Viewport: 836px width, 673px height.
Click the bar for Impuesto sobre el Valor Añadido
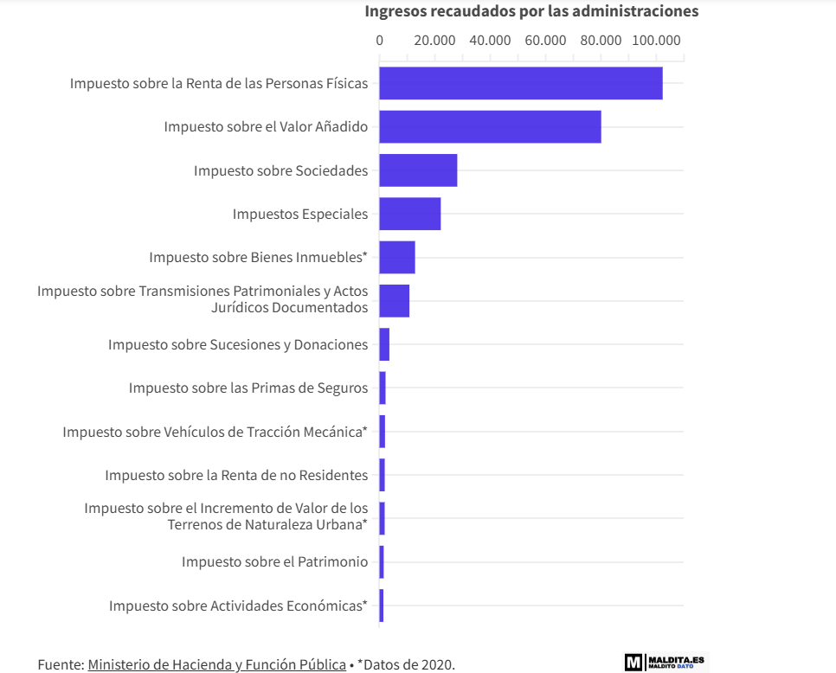[x=490, y=127]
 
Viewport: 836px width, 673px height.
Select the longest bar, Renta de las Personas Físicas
[x=520, y=83]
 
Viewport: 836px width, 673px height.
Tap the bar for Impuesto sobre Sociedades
[x=418, y=170]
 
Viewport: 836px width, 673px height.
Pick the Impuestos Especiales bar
[x=409, y=214]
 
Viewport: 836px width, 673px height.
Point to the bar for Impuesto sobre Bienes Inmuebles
[x=397, y=257]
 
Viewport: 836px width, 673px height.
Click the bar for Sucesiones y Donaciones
[x=384, y=344]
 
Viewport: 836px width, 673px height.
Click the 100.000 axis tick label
[x=656, y=40]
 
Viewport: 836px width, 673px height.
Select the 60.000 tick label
[x=545, y=40]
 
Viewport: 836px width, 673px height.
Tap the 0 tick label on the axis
[x=379, y=40]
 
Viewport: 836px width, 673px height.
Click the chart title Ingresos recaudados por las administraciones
[x=531, y=11]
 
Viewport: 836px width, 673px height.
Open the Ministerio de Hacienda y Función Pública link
[x=216, y=664]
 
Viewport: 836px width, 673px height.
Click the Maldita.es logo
[x=665, y=662]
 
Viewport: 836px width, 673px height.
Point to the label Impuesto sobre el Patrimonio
[x=274, y=561]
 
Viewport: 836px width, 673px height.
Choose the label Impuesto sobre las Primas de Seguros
[x=248, y=388]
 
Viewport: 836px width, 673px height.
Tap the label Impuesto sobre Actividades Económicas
[x=238, y=606]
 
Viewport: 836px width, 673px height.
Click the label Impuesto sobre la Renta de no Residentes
[x=236, y=475]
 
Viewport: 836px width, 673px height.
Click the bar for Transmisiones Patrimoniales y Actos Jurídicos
[x=394, y=300]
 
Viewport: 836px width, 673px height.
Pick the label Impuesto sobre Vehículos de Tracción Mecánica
[x=215, y=432]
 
